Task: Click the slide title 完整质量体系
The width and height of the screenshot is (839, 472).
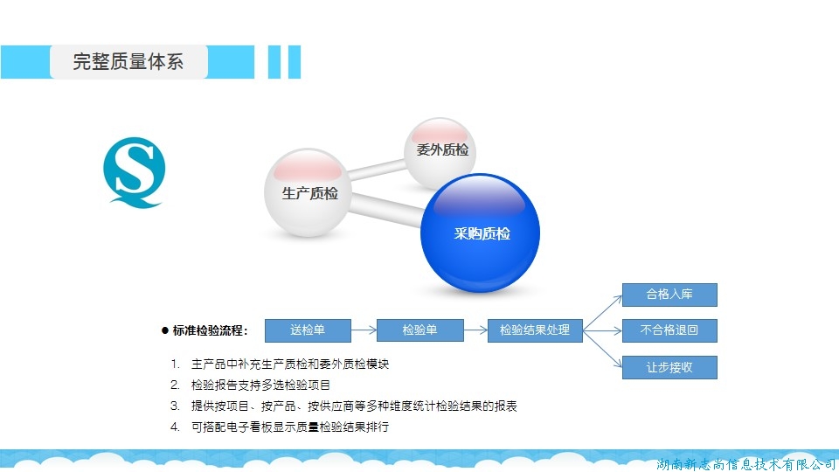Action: click(128, 61)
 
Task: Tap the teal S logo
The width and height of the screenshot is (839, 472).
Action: click(135, 172)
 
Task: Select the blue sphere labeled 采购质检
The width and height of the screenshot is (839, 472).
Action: click(480, 233)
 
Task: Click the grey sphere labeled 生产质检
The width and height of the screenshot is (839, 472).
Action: click(308, 192)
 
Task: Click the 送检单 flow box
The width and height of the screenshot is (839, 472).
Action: click(308, 330)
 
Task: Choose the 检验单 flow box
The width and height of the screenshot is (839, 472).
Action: click(420, 330)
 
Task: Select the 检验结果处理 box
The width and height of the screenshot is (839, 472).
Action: click(535, 330)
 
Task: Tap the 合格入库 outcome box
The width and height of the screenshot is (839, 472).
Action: click(669, 295)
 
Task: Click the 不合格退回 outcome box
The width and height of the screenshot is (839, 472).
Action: click(669, 330)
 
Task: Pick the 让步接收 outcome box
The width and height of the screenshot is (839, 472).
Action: click(669, 367)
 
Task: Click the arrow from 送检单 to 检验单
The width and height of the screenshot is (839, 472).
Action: click(364, 330)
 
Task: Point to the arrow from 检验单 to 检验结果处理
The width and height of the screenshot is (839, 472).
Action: click(475, 330)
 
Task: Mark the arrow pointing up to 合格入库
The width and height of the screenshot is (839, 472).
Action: click(602, 313)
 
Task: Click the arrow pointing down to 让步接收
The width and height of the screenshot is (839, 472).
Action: click(602, 349)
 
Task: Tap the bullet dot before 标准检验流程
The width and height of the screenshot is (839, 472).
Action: click(165, 330)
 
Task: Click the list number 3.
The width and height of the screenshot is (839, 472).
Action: click(175, 406)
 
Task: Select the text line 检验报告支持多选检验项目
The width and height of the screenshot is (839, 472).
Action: click(260, 385)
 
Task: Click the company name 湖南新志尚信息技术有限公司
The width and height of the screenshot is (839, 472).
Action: click(745, 464)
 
